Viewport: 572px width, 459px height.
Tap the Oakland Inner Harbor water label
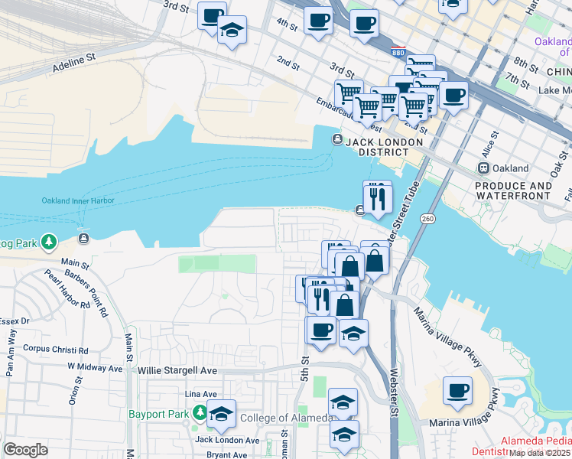point(78,201)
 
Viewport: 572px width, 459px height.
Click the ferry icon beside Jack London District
point(336,139)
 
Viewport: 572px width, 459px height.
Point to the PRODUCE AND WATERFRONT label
point(513,190)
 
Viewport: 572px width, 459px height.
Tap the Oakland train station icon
point(483,168)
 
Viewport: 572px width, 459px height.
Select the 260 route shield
point(427,219)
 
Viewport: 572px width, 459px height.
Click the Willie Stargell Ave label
point(177,370)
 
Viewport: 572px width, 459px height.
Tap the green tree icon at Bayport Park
point(200,413)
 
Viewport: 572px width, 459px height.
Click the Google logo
point(25,450)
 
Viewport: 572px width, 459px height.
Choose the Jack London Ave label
point(227,440)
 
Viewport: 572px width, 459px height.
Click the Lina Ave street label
point(197,393)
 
